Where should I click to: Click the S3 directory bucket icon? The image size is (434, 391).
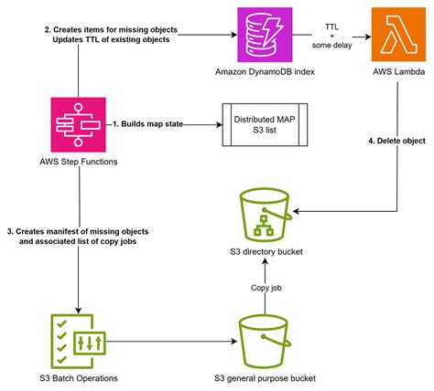point(263,213)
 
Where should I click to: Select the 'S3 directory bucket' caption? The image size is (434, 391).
point(264,251)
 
